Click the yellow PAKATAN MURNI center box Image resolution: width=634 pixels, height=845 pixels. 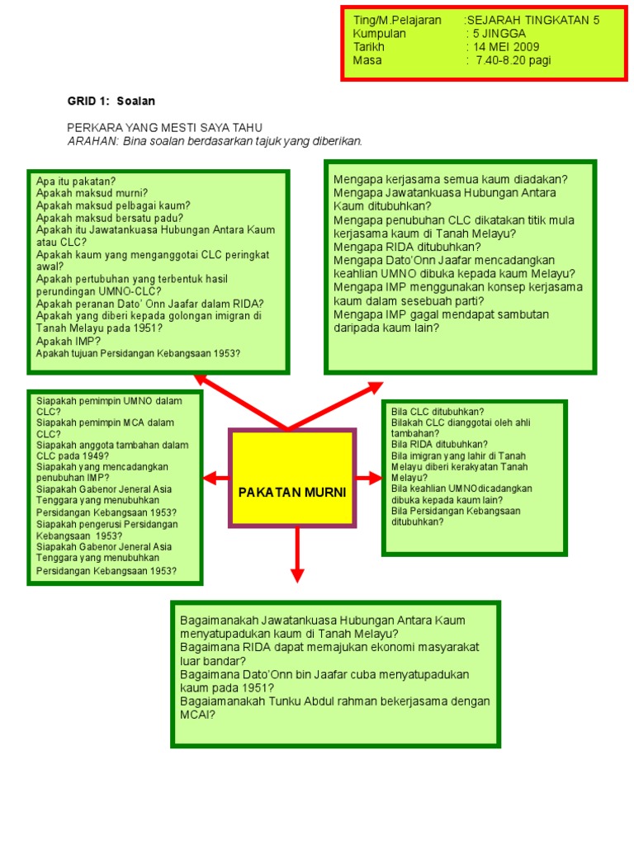point(292,477)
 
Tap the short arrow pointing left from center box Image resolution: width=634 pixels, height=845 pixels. point(215,477)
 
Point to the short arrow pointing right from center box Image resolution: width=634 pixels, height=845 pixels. point(369,477)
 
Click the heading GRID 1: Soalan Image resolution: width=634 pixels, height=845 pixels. point(111,101)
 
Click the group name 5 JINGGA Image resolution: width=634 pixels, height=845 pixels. point(499,33)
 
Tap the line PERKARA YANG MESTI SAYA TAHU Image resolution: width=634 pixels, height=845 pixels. point(164,128)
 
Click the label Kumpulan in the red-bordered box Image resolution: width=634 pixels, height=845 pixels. point(380,33)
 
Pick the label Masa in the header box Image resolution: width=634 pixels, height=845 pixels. point(367,60)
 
